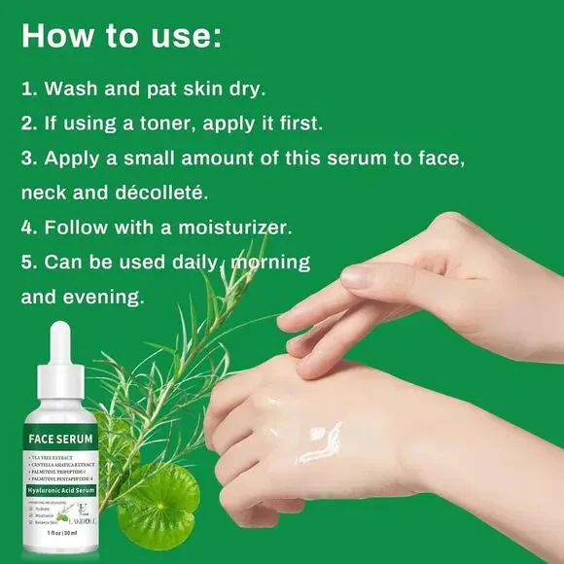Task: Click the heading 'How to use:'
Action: (x=122, y=37)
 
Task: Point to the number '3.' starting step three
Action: (x=30, y=158)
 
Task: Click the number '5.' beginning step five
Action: (x=30, y=263)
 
